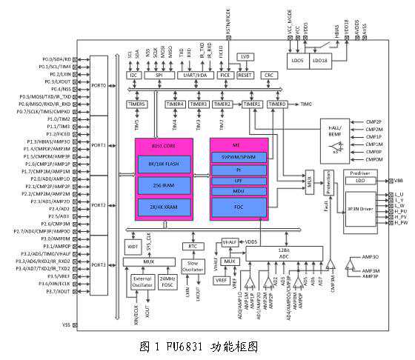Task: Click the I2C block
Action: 133,75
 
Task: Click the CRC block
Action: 270,75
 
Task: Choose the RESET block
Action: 245,75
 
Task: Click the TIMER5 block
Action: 138,104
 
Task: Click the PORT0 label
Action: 99,86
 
